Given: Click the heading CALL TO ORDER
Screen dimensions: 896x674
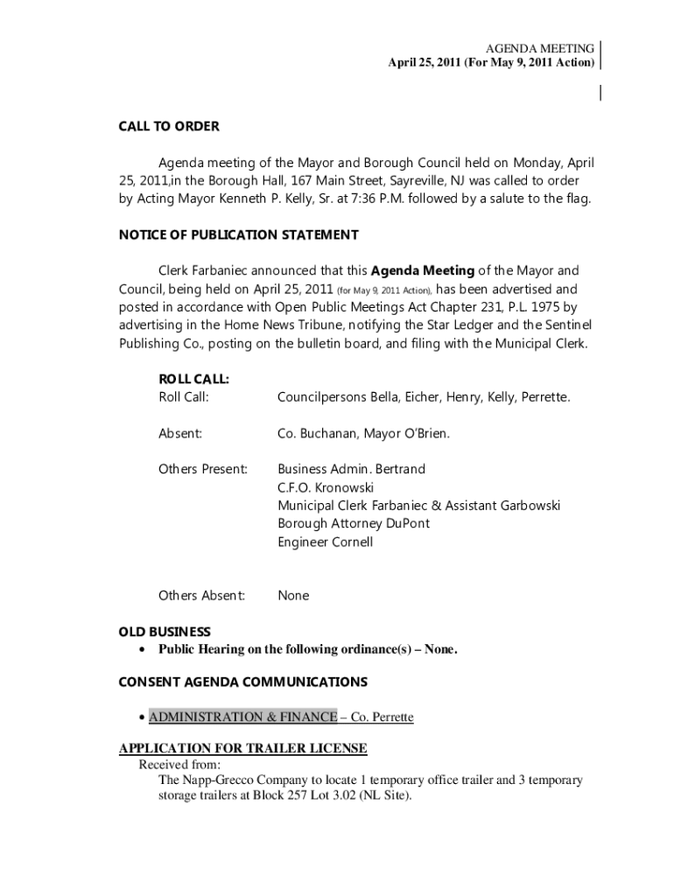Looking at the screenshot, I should pos(168,126).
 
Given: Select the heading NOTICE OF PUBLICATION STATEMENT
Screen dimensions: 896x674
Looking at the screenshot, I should pos(238,234).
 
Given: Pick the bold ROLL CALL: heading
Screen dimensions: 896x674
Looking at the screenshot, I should pos(193,379).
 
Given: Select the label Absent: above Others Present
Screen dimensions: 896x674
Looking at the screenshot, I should pos(179,433).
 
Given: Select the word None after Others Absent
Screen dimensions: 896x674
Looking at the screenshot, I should pos(293,595).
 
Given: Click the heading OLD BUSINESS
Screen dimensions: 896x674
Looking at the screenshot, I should pos(165,632).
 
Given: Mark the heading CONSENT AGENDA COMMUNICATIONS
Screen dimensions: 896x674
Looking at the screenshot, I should pos(242,682).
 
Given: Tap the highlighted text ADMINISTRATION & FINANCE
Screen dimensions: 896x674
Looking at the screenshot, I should pos(242,717).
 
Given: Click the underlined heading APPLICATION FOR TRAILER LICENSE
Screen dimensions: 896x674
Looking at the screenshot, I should pos(242,748).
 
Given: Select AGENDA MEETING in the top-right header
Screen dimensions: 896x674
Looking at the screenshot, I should pos(541,48).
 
